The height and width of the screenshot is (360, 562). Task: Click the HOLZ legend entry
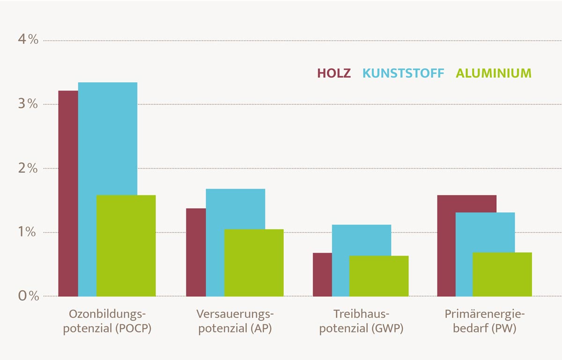(x=334, y=73)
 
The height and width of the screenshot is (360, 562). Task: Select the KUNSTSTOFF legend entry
(x=403, y=73)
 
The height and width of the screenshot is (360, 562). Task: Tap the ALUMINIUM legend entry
(x=493, y=73)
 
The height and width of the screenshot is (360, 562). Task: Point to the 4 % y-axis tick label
(x=28, y=40)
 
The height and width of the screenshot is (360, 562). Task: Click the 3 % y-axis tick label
(x=28, y=104)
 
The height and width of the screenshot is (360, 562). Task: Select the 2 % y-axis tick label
(x=28, y=168)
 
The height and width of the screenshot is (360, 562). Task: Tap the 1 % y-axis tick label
(x=28, y=232)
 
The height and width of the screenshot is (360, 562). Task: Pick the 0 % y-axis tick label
(x=28, y=296)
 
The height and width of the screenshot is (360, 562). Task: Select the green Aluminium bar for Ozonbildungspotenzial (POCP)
(x=126, y=246)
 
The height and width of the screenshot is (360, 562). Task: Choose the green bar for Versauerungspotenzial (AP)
(x=254, y=263)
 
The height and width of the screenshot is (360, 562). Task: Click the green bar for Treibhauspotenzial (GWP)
(x=379, y=276)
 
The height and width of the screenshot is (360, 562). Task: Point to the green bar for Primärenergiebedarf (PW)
(x=502, y=274)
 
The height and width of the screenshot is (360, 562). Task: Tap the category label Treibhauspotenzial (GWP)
(x=361, y=321)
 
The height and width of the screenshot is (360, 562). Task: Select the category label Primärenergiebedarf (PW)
(x=485, y=321)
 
